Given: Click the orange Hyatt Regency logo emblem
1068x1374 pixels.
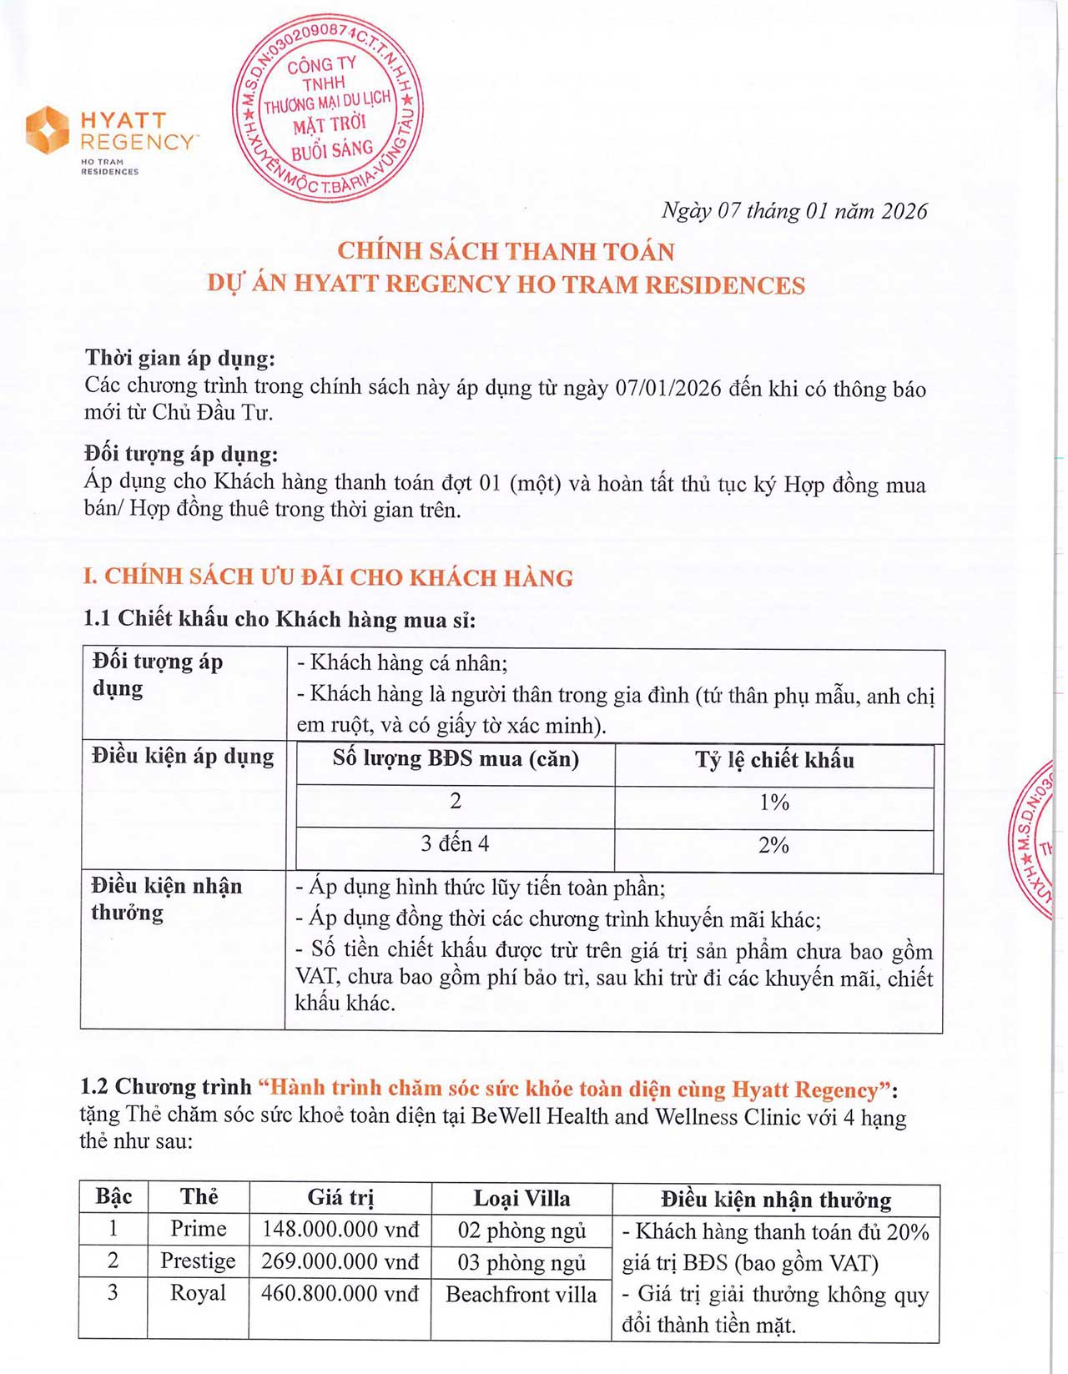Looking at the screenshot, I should click(47, 130).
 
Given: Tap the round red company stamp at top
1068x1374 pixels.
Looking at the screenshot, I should click(328, 107).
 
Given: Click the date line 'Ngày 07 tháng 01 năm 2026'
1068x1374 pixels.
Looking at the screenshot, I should click(793, 211).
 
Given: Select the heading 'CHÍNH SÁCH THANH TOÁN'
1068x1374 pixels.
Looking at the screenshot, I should click(506, 251).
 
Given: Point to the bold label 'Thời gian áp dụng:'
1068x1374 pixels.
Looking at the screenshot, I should click(179, 359).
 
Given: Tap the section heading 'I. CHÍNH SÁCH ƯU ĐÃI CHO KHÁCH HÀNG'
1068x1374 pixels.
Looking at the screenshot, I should click(328, 577).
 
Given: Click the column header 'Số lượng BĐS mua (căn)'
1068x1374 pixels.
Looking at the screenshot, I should click(456, 759).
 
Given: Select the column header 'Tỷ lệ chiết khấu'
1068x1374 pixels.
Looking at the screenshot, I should click(774, 760).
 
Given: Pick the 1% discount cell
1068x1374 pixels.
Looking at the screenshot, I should click(774, 803).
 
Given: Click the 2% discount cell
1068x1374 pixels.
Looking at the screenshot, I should click(773, 845).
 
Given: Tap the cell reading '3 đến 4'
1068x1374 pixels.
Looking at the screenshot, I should click(455, 844).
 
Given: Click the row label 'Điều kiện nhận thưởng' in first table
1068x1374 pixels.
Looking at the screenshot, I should click(166, 898).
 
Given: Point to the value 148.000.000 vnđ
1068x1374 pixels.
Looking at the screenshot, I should click(340, 1229).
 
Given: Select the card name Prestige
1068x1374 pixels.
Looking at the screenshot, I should click(198, 1261).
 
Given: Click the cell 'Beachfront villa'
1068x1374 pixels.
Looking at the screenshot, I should click(521, 1295).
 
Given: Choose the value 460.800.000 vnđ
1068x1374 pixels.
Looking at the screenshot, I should click(340, 1293).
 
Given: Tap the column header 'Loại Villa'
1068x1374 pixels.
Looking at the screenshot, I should click(521, 1199).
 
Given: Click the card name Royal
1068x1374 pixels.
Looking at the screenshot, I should click(198, 1293).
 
